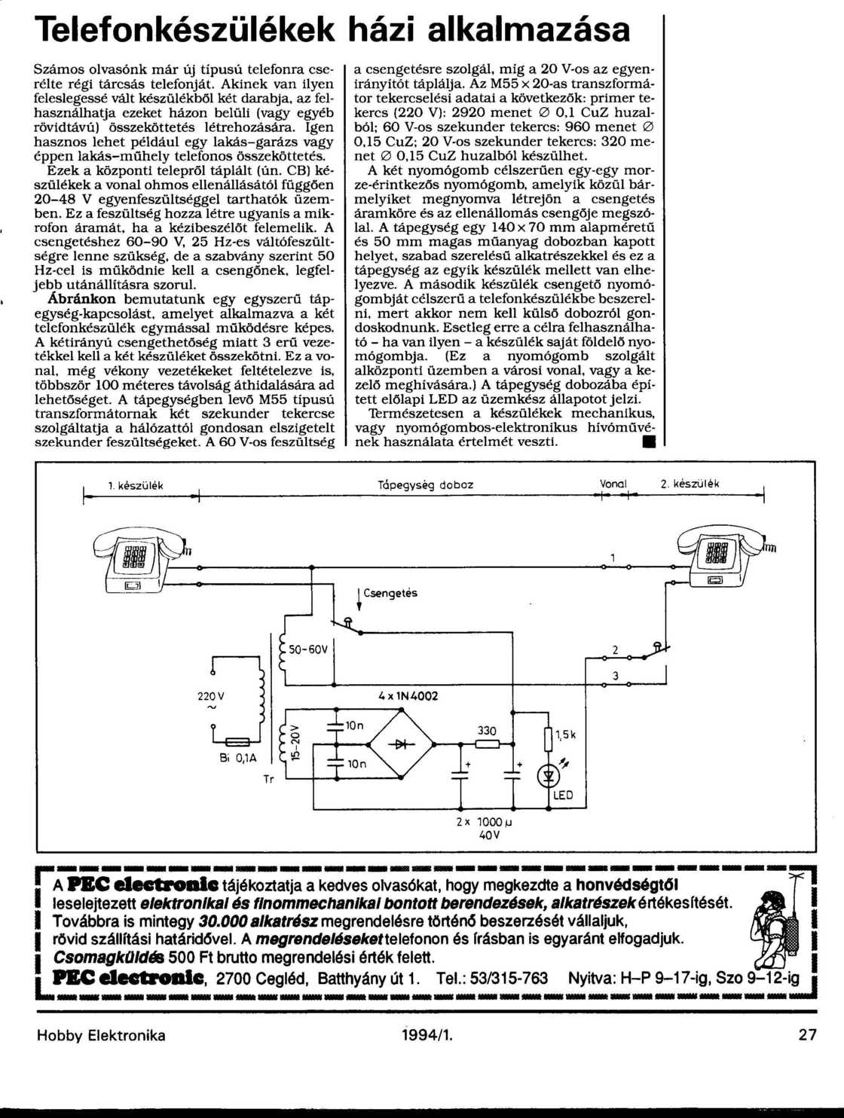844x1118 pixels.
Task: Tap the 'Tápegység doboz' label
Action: pos(425,485)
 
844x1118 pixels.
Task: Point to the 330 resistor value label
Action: pos(488,731)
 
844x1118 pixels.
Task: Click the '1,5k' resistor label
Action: pos(565,735)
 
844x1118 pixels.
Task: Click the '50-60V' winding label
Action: pos(307,649)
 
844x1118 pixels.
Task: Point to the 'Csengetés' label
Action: pos(390,593)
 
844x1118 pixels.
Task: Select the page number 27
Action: pos(807,1035)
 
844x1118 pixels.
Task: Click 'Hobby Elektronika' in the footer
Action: pos(101,1035)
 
